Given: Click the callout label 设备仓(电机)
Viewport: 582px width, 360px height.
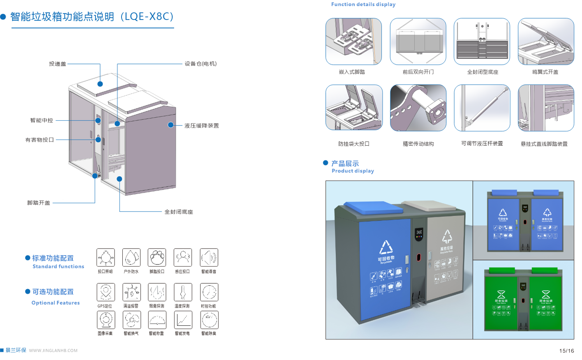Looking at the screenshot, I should (200, 64).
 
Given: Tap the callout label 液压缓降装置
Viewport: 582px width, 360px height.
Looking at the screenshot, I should (201, 125).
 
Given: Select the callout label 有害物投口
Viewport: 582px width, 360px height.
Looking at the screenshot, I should (39, 139).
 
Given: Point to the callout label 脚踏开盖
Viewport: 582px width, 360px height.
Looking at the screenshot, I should (39, 203).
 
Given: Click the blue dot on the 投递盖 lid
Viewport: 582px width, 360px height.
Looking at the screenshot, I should (100, 84).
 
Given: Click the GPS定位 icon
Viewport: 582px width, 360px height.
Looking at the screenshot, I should (106, 292).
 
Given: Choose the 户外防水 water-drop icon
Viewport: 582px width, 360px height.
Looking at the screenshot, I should (131, 258).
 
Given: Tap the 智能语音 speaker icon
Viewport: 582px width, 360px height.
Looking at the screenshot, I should (209, 258).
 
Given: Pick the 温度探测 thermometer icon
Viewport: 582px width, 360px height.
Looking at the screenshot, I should (183, 292).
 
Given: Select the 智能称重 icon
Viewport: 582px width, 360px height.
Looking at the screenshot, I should (157, 320).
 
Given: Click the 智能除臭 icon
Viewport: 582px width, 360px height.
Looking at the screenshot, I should (209, 320).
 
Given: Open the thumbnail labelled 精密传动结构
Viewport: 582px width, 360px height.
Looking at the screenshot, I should (418, 108).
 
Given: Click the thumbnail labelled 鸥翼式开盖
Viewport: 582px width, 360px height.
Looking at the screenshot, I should (545, 41).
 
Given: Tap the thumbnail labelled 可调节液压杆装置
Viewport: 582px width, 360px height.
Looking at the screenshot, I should (482, 108).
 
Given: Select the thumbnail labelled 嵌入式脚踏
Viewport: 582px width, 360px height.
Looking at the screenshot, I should (353, 41).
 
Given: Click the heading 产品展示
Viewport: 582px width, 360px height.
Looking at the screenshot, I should (345, 164).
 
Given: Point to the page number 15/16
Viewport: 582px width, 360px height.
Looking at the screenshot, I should (566, 351).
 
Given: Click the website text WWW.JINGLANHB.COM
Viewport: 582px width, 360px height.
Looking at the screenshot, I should (53, 351).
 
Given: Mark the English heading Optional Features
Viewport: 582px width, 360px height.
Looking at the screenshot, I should (56, 303).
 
